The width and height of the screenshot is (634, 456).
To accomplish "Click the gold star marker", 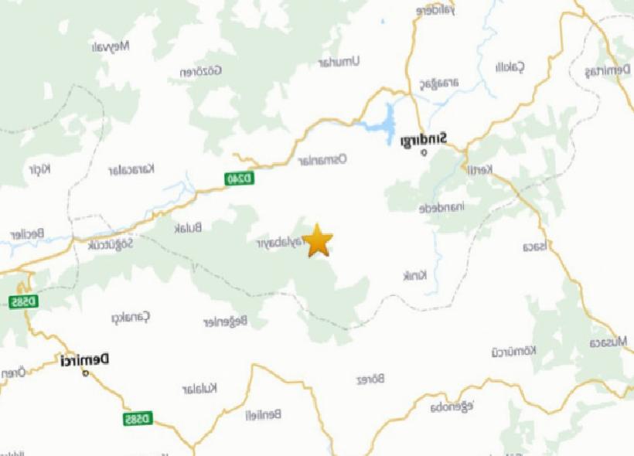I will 317,240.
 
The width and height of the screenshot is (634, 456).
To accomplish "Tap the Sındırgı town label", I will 424,141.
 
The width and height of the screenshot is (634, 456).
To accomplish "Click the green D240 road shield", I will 240,179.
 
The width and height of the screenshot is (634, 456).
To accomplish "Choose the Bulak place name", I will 189,227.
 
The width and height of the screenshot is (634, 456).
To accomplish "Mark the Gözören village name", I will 201,72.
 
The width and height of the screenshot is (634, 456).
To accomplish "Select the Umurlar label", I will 340,62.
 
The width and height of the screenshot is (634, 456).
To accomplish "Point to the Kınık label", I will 415,276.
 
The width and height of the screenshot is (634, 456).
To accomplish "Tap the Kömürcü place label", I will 513,352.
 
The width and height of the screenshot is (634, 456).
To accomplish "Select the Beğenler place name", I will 225,321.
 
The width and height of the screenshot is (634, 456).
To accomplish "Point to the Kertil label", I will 479,170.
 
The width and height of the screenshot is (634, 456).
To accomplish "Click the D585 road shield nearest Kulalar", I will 138,419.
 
